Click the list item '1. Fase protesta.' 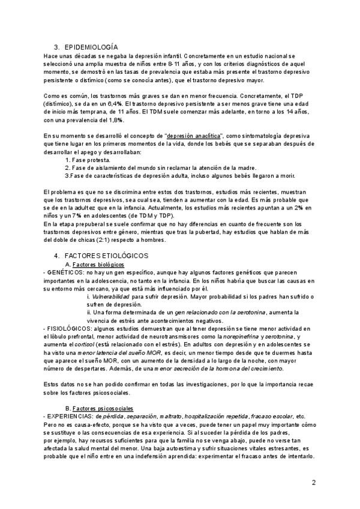tap(88, 160)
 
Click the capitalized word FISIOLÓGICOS tap(67, 328)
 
